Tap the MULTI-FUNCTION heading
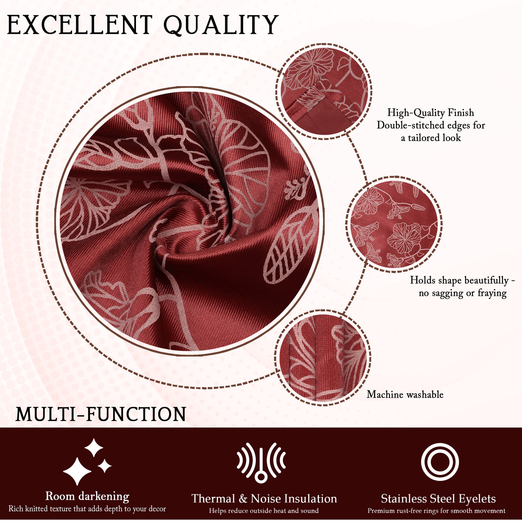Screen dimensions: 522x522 point(101,414)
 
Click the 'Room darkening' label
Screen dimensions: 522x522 point(87,496)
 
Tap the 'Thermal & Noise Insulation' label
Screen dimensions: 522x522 point(264,499)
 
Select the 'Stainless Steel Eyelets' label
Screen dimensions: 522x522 point(438,499)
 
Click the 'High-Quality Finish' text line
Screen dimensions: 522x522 point(431,113)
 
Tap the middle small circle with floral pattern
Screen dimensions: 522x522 point(394,224)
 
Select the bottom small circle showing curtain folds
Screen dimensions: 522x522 point(323,358)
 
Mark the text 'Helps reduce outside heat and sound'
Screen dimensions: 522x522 point(264,511)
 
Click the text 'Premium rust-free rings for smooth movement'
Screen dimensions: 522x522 point(436,511)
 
